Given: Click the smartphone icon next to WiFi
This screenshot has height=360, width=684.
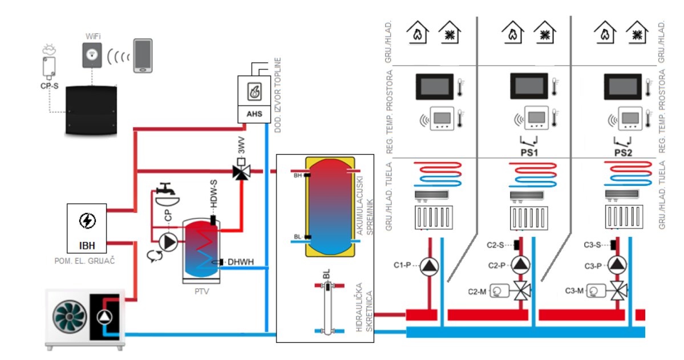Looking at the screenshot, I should coord(143,55).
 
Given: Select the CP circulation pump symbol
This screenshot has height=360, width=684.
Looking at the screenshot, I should coord(169,242).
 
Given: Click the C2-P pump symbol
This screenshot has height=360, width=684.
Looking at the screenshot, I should coord(520,265).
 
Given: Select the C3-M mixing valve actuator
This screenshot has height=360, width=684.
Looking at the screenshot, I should coord(596,292).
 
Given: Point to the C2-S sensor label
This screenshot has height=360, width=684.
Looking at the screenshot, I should coord(495,245).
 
